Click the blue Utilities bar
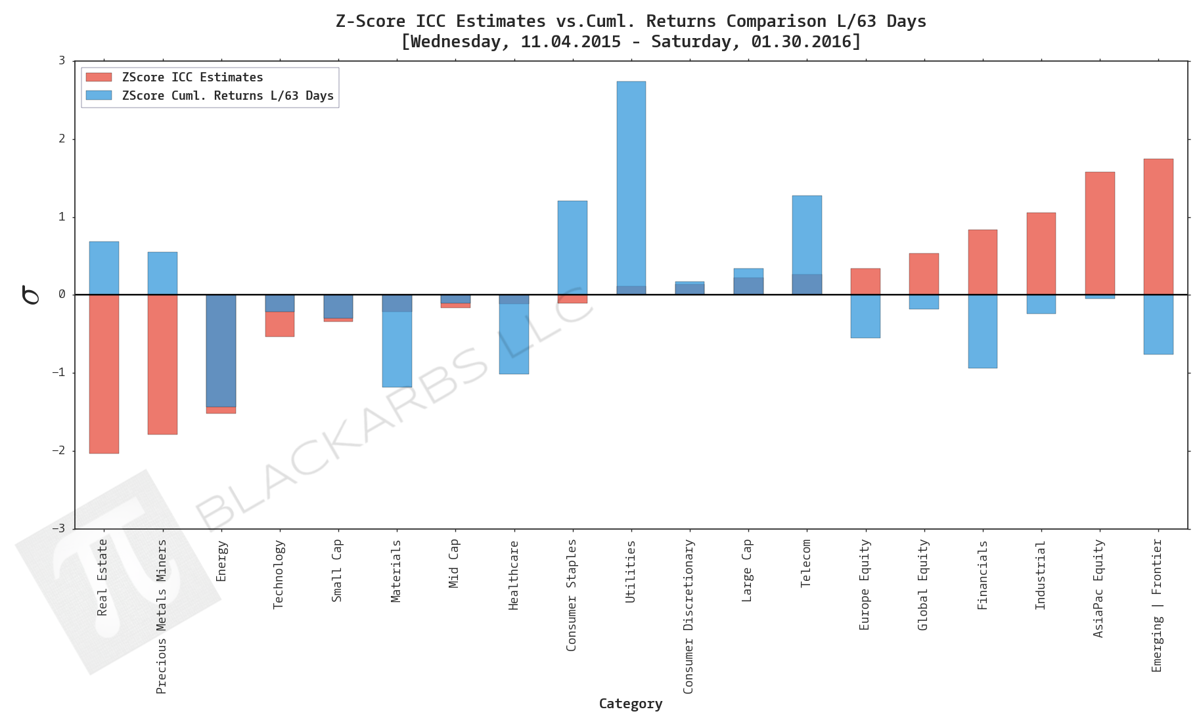[x=631, y=184]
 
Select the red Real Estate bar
[x=104, y=374]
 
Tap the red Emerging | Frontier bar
[x=1158, y=226]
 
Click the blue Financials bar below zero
[x=982, y=331]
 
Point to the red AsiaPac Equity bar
[x=1099, y=233]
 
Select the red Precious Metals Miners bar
[x=162, y=364]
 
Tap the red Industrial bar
[x=1041, y=253]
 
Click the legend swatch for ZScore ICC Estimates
[x=99, y=77]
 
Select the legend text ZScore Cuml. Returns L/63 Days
[x=227, y=96]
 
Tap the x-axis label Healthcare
[x=514, y=575]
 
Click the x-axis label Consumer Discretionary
[x=689, y=616]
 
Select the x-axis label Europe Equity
[x=865, y=584]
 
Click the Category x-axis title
[x=630, y=704]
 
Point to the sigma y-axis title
[x=30, y=295]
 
